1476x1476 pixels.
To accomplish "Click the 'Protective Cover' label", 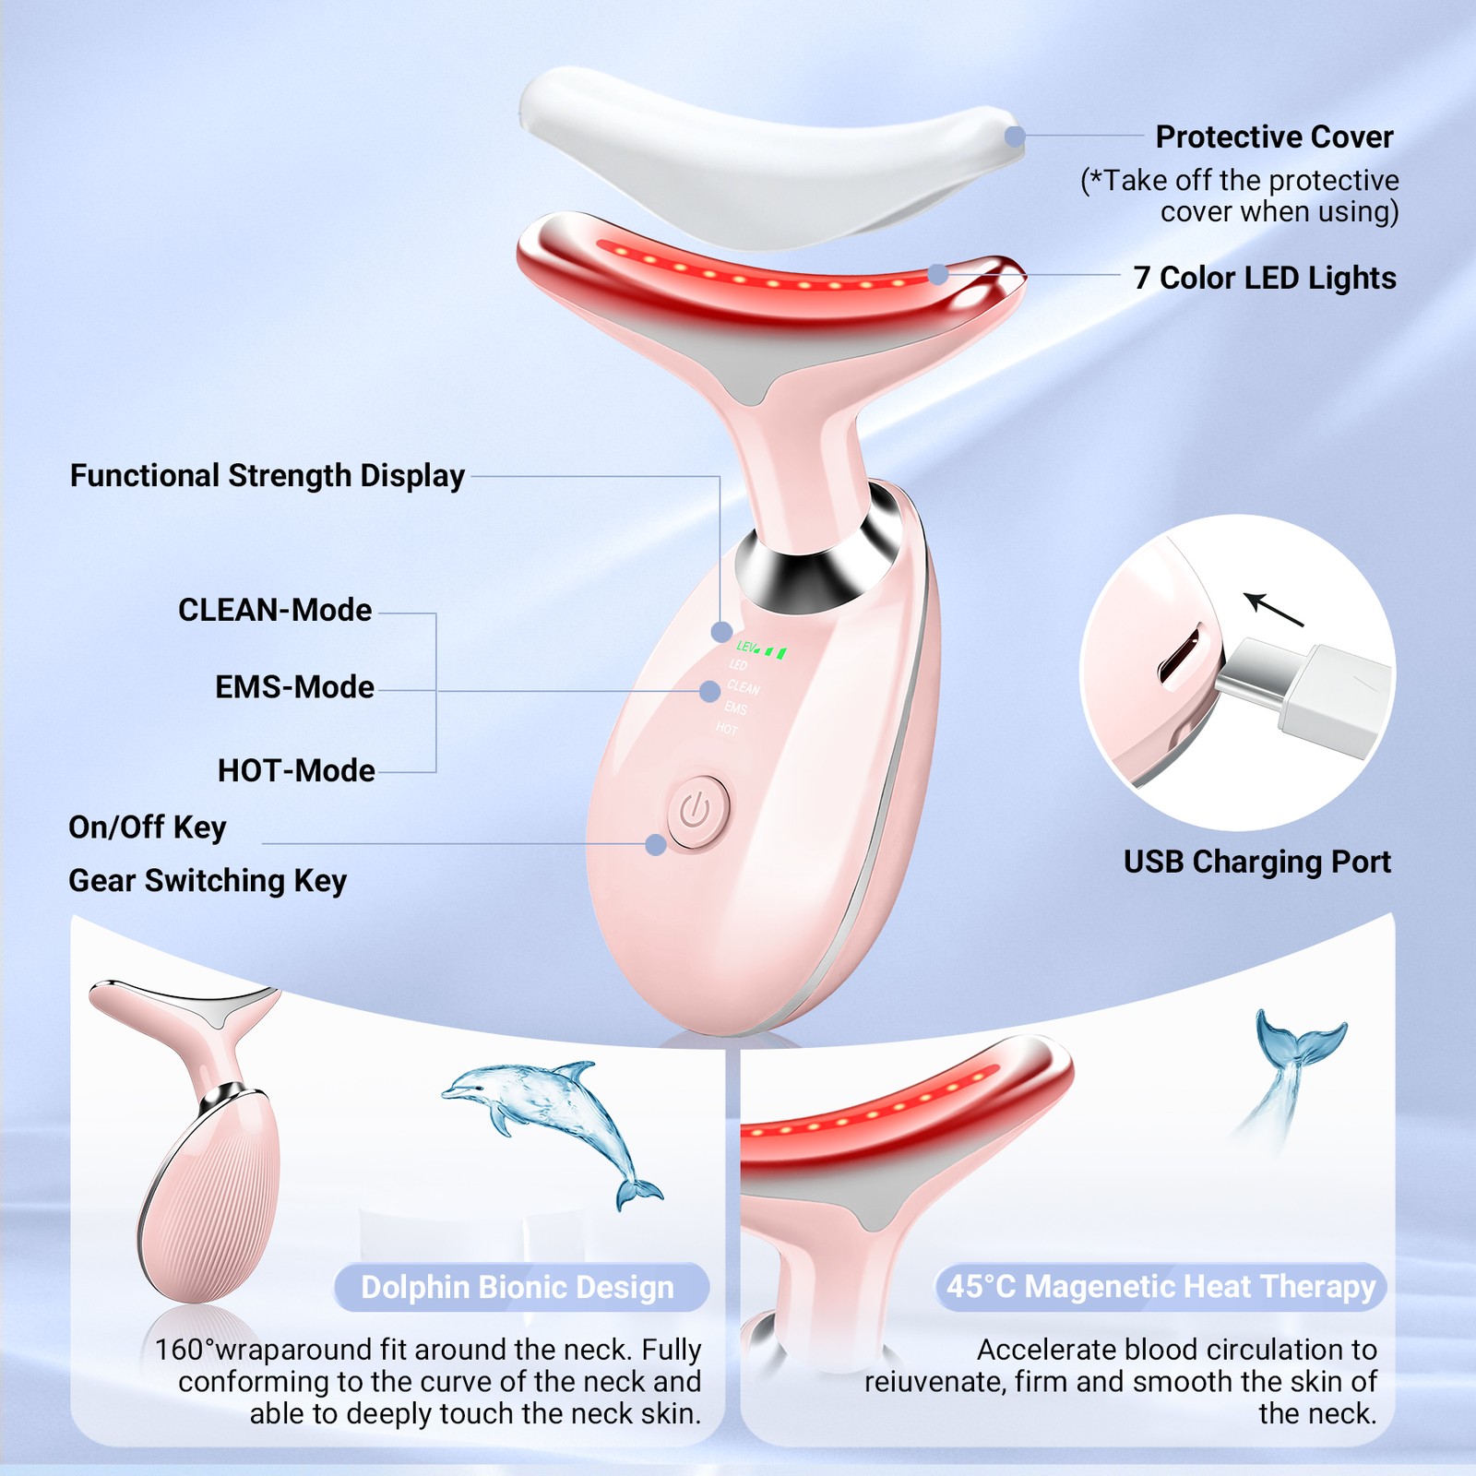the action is point(1274,137).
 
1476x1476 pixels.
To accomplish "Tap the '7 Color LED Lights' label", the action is point(1265,278).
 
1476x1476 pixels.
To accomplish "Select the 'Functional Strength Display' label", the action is point(268,476).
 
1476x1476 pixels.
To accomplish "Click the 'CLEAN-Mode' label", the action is point(275,610).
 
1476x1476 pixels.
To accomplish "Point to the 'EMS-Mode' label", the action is point(294,687).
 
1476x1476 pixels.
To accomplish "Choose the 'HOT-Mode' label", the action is point(296,770).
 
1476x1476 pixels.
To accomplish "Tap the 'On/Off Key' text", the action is point(148,827).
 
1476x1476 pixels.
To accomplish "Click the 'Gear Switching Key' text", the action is point(208,881).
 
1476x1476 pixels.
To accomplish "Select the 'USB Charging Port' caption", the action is point(1257,862).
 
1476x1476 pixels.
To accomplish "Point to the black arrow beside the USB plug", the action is point(1273,609).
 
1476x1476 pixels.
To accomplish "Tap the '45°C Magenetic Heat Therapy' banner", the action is point(1161,1287).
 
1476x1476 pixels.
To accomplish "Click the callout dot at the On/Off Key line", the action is point(656,844).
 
